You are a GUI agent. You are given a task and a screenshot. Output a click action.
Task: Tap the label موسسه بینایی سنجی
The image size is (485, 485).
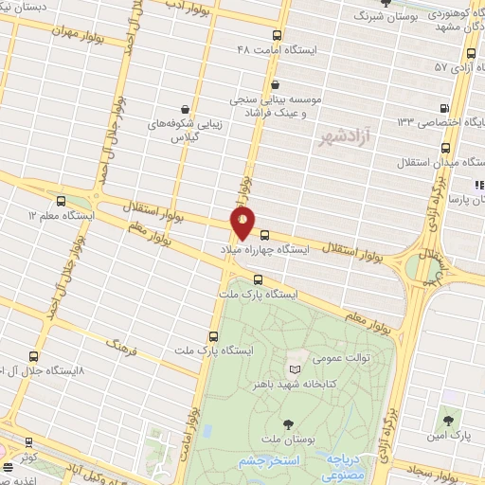(x=282, y=99)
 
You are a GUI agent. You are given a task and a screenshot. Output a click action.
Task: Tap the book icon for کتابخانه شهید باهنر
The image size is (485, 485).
(x=294, y=368)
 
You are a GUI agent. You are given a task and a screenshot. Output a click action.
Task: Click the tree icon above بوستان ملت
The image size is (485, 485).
(x=287, y=424)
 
